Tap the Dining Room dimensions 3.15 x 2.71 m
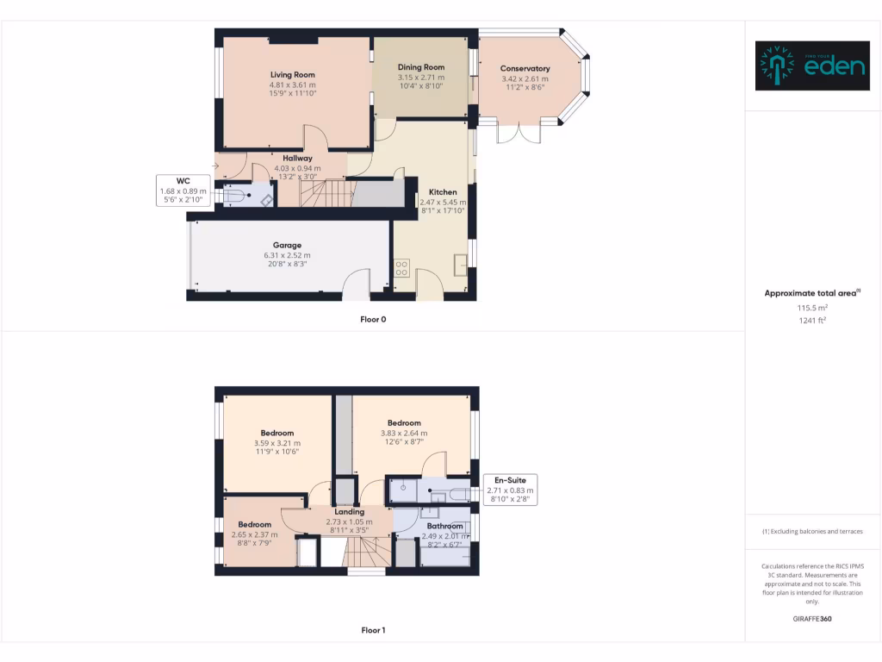pyautogui.click(x=421, y=78)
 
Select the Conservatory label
pyautogui.click(x=525, y=68)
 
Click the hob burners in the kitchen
pyautogui.click(x=401, y=268)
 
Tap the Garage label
pyautogui.click(x=287, y=245)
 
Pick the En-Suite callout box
pyautogui.click(x=511, y=489)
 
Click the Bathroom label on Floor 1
pyautogui.click(x=445, y=526)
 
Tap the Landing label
pyautogui.click(x=349, y=511)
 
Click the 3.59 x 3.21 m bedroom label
pyautogui.click(x=277, y=433)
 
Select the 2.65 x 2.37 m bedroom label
pyautogui.click(x=255, y=524)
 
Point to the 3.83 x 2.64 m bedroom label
pyautogui.click(x=404, y=422)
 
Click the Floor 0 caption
pyautogui.click(x=373, y=319)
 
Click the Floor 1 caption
pyautogui.click(x=373, y=630)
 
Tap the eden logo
pyautogui.click(x=812, y=66)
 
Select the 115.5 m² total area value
pyautogui.click(x=812, y=307)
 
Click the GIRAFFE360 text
pyautogui.click(x=812, y=618)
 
